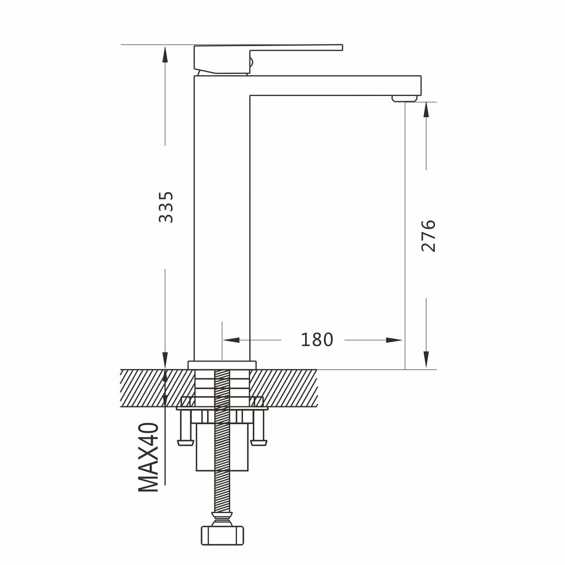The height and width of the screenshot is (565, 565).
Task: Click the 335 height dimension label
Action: click(166, 207)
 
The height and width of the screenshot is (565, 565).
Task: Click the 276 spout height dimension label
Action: click(428, 235)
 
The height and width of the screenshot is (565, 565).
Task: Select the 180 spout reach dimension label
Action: click(317, 340)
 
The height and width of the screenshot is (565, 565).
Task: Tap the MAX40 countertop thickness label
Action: click(148, 457)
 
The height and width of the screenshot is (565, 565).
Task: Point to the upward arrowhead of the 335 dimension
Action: click(165, 54)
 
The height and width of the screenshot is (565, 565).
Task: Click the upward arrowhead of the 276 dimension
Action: click(426, 110)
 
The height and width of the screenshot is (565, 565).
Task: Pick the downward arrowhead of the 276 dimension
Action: click(426, 359)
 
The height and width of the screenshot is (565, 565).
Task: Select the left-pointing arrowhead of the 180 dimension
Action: click(231, 340)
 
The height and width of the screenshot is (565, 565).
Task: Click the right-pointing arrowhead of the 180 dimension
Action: click(394, 340)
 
